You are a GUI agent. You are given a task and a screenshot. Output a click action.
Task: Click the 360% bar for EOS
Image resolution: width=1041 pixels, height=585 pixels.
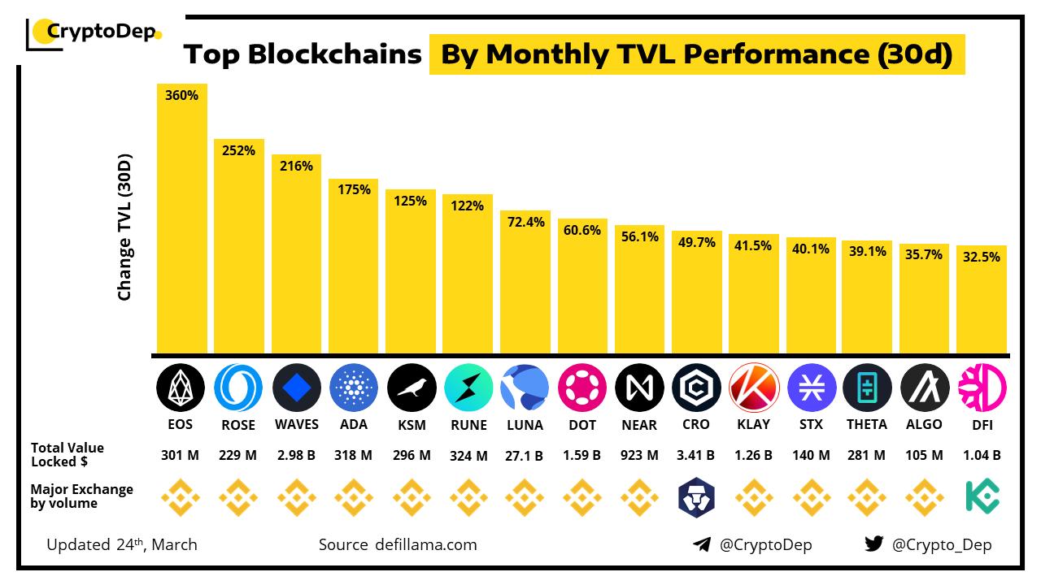tap(181, 219)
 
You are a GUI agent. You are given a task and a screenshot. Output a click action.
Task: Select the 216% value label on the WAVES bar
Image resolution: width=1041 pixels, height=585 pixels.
tap(296, 166)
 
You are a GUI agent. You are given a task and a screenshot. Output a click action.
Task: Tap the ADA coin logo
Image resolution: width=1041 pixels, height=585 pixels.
tap(354, 388)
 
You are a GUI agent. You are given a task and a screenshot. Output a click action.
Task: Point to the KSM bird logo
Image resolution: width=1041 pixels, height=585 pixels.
tap(411, 388)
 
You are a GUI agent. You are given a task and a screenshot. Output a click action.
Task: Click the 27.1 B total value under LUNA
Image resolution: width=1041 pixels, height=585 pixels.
tap(525, 455)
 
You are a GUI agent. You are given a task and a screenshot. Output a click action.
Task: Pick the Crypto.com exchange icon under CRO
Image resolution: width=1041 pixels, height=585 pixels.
tap(696, 497)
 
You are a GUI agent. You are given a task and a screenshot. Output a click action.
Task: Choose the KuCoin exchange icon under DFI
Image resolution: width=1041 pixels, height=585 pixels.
tap(982, 497)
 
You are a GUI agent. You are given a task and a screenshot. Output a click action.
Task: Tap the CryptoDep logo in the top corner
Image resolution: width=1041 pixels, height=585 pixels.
tap(94, 32)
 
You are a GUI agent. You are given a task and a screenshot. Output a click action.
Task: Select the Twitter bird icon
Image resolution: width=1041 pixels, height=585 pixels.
tap(873, 544)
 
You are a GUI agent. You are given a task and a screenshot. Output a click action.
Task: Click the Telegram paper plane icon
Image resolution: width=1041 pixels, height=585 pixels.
tap(702, 544)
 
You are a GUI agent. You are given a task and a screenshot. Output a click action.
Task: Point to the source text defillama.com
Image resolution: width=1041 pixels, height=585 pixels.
tap(398, 544)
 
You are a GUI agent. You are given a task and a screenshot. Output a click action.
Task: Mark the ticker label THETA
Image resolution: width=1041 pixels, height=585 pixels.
tap(867, 424)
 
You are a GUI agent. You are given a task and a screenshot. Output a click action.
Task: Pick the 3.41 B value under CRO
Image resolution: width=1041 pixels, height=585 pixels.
tap(696, 455)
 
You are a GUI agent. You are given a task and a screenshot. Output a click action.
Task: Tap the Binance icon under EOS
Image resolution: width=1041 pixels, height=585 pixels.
tap(181, 497)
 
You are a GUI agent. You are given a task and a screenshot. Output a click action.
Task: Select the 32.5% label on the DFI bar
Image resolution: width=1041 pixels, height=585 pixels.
tap(982, 256)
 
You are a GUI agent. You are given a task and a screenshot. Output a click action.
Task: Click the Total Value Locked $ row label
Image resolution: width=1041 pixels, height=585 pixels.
tap(68, 454)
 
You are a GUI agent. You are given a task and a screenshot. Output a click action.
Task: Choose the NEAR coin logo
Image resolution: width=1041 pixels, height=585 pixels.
tap(639, 388)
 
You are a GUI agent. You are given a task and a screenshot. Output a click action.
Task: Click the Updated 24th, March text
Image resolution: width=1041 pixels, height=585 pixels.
tap(122, 544)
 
